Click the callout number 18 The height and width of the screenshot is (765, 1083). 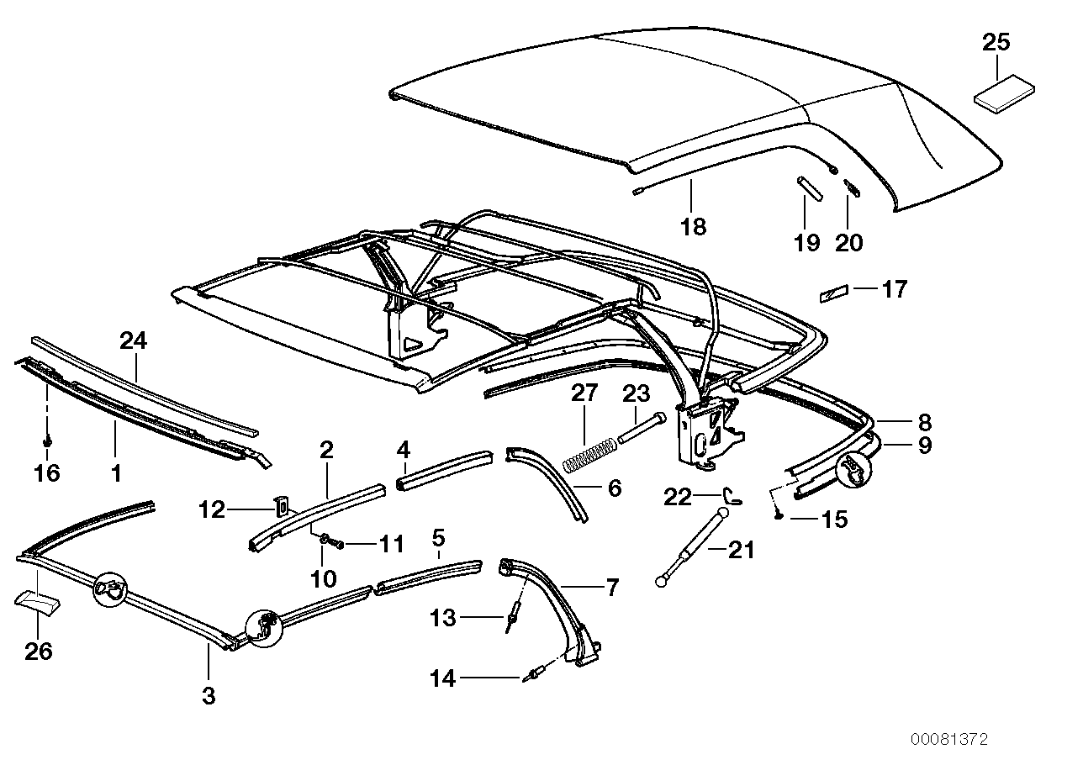[694, 227]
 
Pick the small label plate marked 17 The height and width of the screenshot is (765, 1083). [836, 293]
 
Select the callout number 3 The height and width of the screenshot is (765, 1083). [209, 696]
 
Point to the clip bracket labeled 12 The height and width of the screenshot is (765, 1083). [283, 506]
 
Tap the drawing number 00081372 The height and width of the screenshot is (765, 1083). [948, 740]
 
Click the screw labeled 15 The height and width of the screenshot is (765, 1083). [779, 514]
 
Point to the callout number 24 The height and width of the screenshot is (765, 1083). [133, 340]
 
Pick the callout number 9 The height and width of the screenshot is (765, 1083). [924, 445]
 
